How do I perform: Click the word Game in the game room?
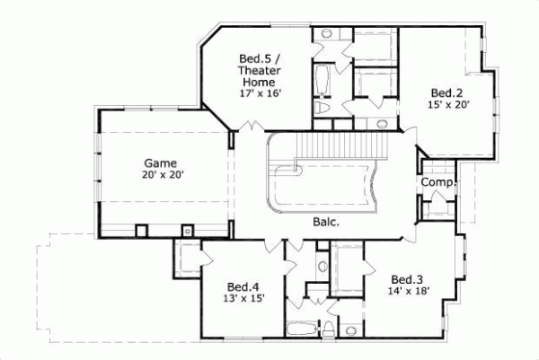tap(163, 162)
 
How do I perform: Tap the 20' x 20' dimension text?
tap(163, 175)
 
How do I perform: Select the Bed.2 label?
tap(446, 92)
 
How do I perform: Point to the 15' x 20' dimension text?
tap(446, 105)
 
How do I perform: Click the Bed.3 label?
tap(408, 278)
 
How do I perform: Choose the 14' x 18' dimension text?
tap(408, 291)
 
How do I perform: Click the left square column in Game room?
tap(141, 230)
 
